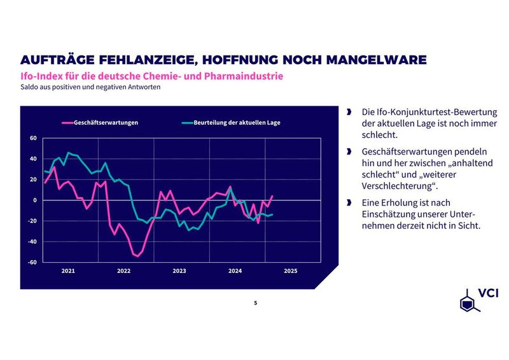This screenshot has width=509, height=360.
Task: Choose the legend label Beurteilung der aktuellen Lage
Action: (x=237, y=122)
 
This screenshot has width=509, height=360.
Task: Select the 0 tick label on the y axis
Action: (x=35, y=200)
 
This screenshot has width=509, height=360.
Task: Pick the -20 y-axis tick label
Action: (x=32, y=221)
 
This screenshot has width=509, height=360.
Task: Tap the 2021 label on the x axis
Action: (x=68, y=271)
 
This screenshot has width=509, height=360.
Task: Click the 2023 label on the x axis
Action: (x=179, y=271)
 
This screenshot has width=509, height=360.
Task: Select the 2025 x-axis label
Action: (x=290, y=271)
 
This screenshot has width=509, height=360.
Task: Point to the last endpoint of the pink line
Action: (x=272, y=196)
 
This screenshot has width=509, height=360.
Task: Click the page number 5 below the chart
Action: (x=255, y=303)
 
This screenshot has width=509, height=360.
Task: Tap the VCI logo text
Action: (x=488, y=295)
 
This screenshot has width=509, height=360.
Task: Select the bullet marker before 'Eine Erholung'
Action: (x=349, y=203)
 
